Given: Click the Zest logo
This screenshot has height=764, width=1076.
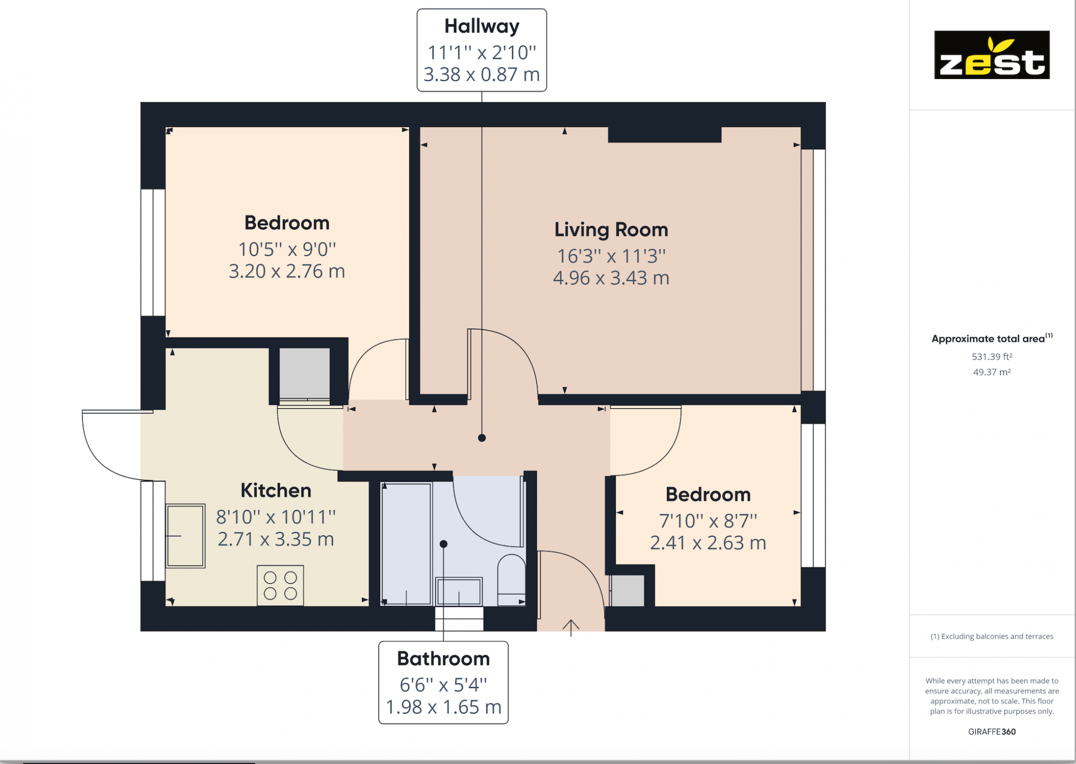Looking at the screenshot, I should point(992,55).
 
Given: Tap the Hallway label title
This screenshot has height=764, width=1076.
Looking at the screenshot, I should point(482,26).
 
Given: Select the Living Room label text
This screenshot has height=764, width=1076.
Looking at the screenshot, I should point(611,230).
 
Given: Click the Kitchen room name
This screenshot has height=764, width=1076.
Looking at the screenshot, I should point(275,490).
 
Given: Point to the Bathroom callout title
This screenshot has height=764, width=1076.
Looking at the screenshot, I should point(443,659).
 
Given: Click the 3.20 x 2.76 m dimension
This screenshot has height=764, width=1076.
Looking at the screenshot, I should point(287,271).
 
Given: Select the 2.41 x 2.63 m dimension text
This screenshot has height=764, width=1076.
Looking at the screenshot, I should point(707,543).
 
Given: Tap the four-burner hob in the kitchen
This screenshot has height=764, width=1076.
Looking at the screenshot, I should point(280,585).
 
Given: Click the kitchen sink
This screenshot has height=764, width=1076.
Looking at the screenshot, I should point(185,536).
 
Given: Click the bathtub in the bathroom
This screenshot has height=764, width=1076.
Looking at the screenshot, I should point(406,543).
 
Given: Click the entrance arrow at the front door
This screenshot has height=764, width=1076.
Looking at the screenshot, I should point(571,627).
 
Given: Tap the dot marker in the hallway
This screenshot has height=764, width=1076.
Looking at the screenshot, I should point(482,438).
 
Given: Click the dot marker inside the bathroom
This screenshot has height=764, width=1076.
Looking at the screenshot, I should point(443,544).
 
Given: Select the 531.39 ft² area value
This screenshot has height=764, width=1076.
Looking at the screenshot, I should point(992,357).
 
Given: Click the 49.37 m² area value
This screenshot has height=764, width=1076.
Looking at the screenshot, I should point(992,372).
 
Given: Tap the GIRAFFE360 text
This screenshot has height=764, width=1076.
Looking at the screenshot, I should point(992,731).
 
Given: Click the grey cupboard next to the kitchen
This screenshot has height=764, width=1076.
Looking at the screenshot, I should point(305,373).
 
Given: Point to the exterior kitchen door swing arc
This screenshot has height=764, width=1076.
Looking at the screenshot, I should point(100,457).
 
